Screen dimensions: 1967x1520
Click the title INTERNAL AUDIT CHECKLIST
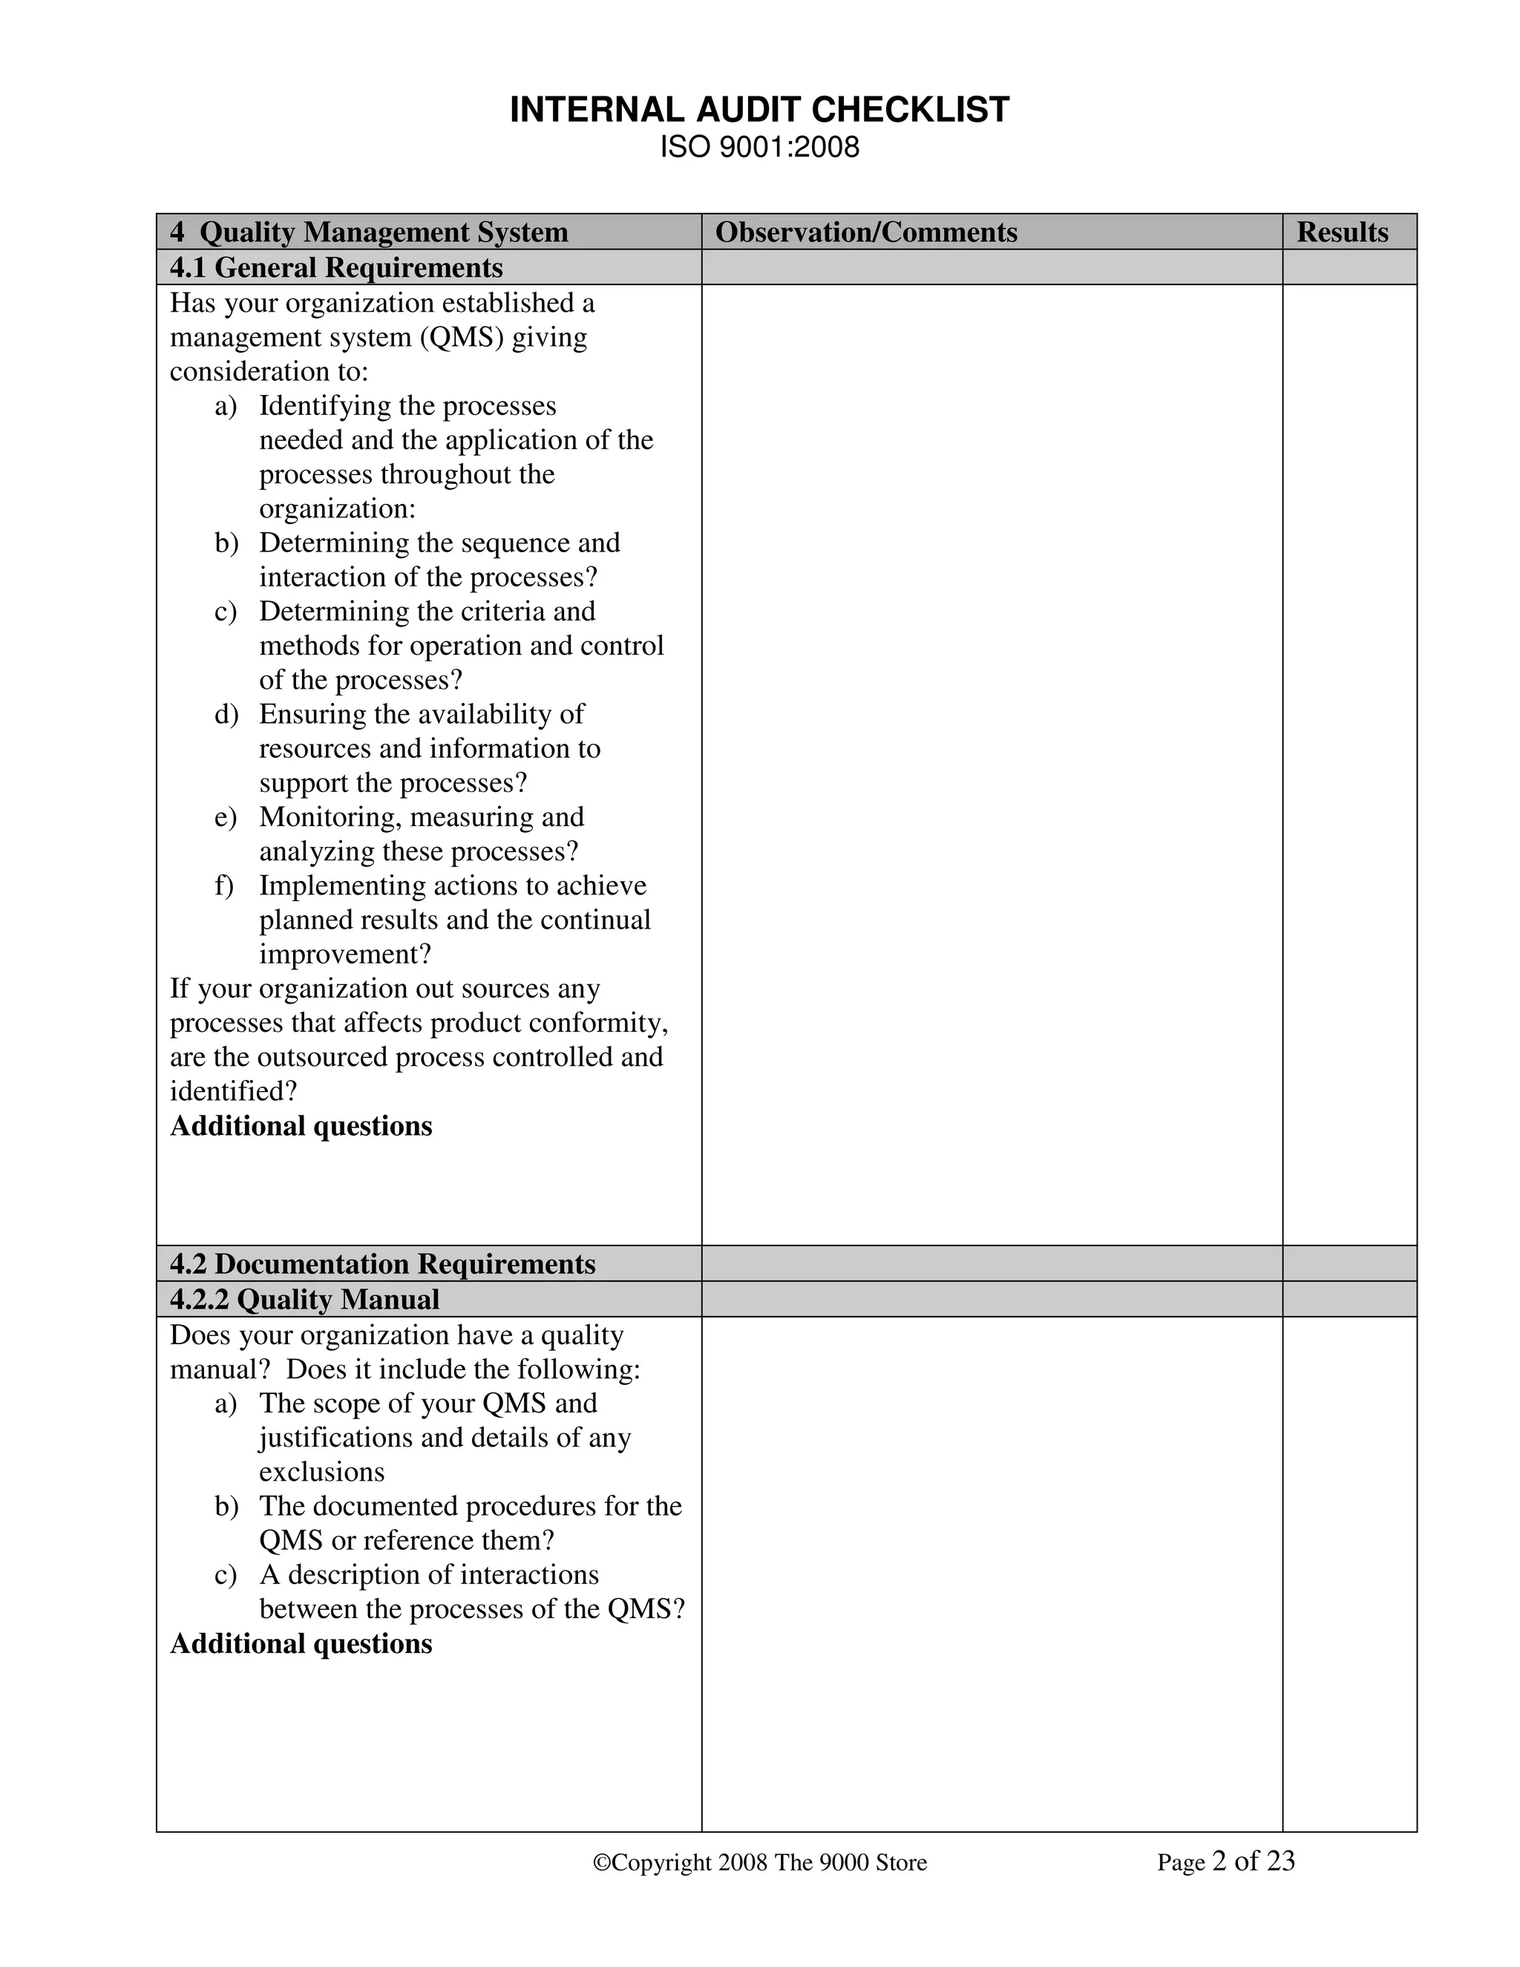759,110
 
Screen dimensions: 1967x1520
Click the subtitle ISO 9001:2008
759,147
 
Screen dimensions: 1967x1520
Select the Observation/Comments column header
865,232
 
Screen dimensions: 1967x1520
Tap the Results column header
1342,232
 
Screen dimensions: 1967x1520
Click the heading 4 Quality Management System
369,232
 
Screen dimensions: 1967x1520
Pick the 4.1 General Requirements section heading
336,267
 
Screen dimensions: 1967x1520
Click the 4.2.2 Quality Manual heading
304,1300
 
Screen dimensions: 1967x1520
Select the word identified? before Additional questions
233,1092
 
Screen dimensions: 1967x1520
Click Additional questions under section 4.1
301,1126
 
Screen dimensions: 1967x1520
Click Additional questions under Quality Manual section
301,1643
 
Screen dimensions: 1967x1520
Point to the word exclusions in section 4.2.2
321,1472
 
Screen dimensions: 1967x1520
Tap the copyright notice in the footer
759,1862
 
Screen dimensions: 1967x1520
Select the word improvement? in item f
345,954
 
